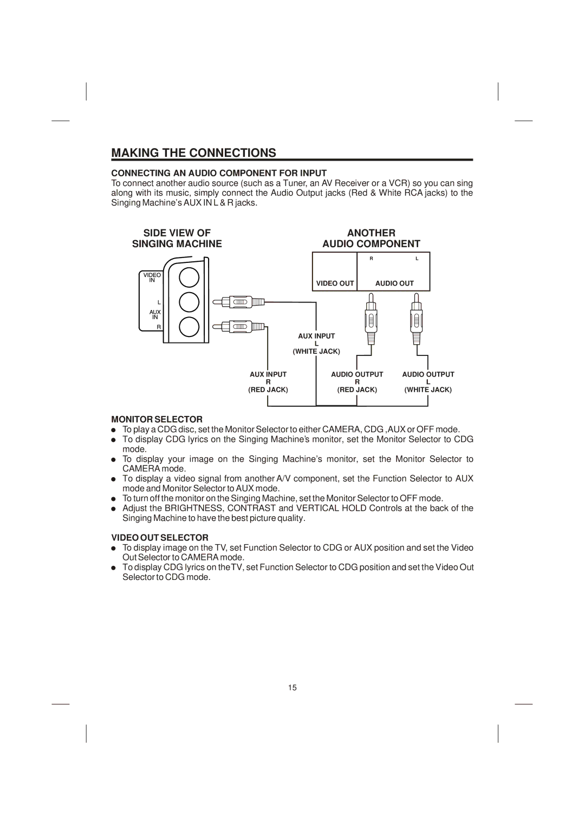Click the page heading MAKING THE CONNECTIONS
coord(193,153)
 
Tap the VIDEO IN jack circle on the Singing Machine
coord(189,277)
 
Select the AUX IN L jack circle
coord(189,302)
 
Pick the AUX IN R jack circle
coord(189,326)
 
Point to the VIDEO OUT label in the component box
coord(335,283)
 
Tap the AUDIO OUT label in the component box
coord(394,283)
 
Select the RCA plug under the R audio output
coord(371,320)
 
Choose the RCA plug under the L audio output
coord(416,320)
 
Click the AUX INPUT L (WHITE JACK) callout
coord(316,344)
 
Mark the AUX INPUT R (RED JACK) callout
coord(268,382)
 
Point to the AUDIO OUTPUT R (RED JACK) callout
coord(357,382)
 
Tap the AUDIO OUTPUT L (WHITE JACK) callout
coord(428,382)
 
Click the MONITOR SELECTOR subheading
coord(157,419)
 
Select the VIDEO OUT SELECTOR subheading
coord(160,538)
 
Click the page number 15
coord(292,688)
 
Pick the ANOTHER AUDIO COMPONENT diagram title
coord(371,239)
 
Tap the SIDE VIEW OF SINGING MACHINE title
coord(177,239)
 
